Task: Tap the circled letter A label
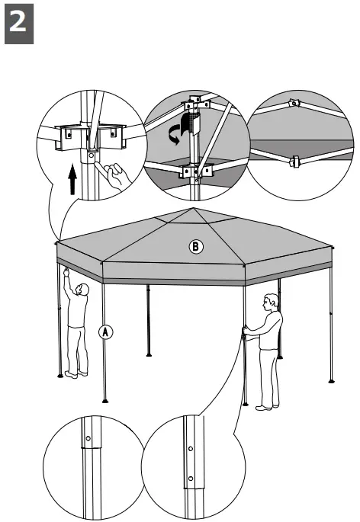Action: [x=105, y=331]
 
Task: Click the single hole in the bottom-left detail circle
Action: [x=88, y=439]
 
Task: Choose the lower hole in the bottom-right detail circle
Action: [x=188, y=479]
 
